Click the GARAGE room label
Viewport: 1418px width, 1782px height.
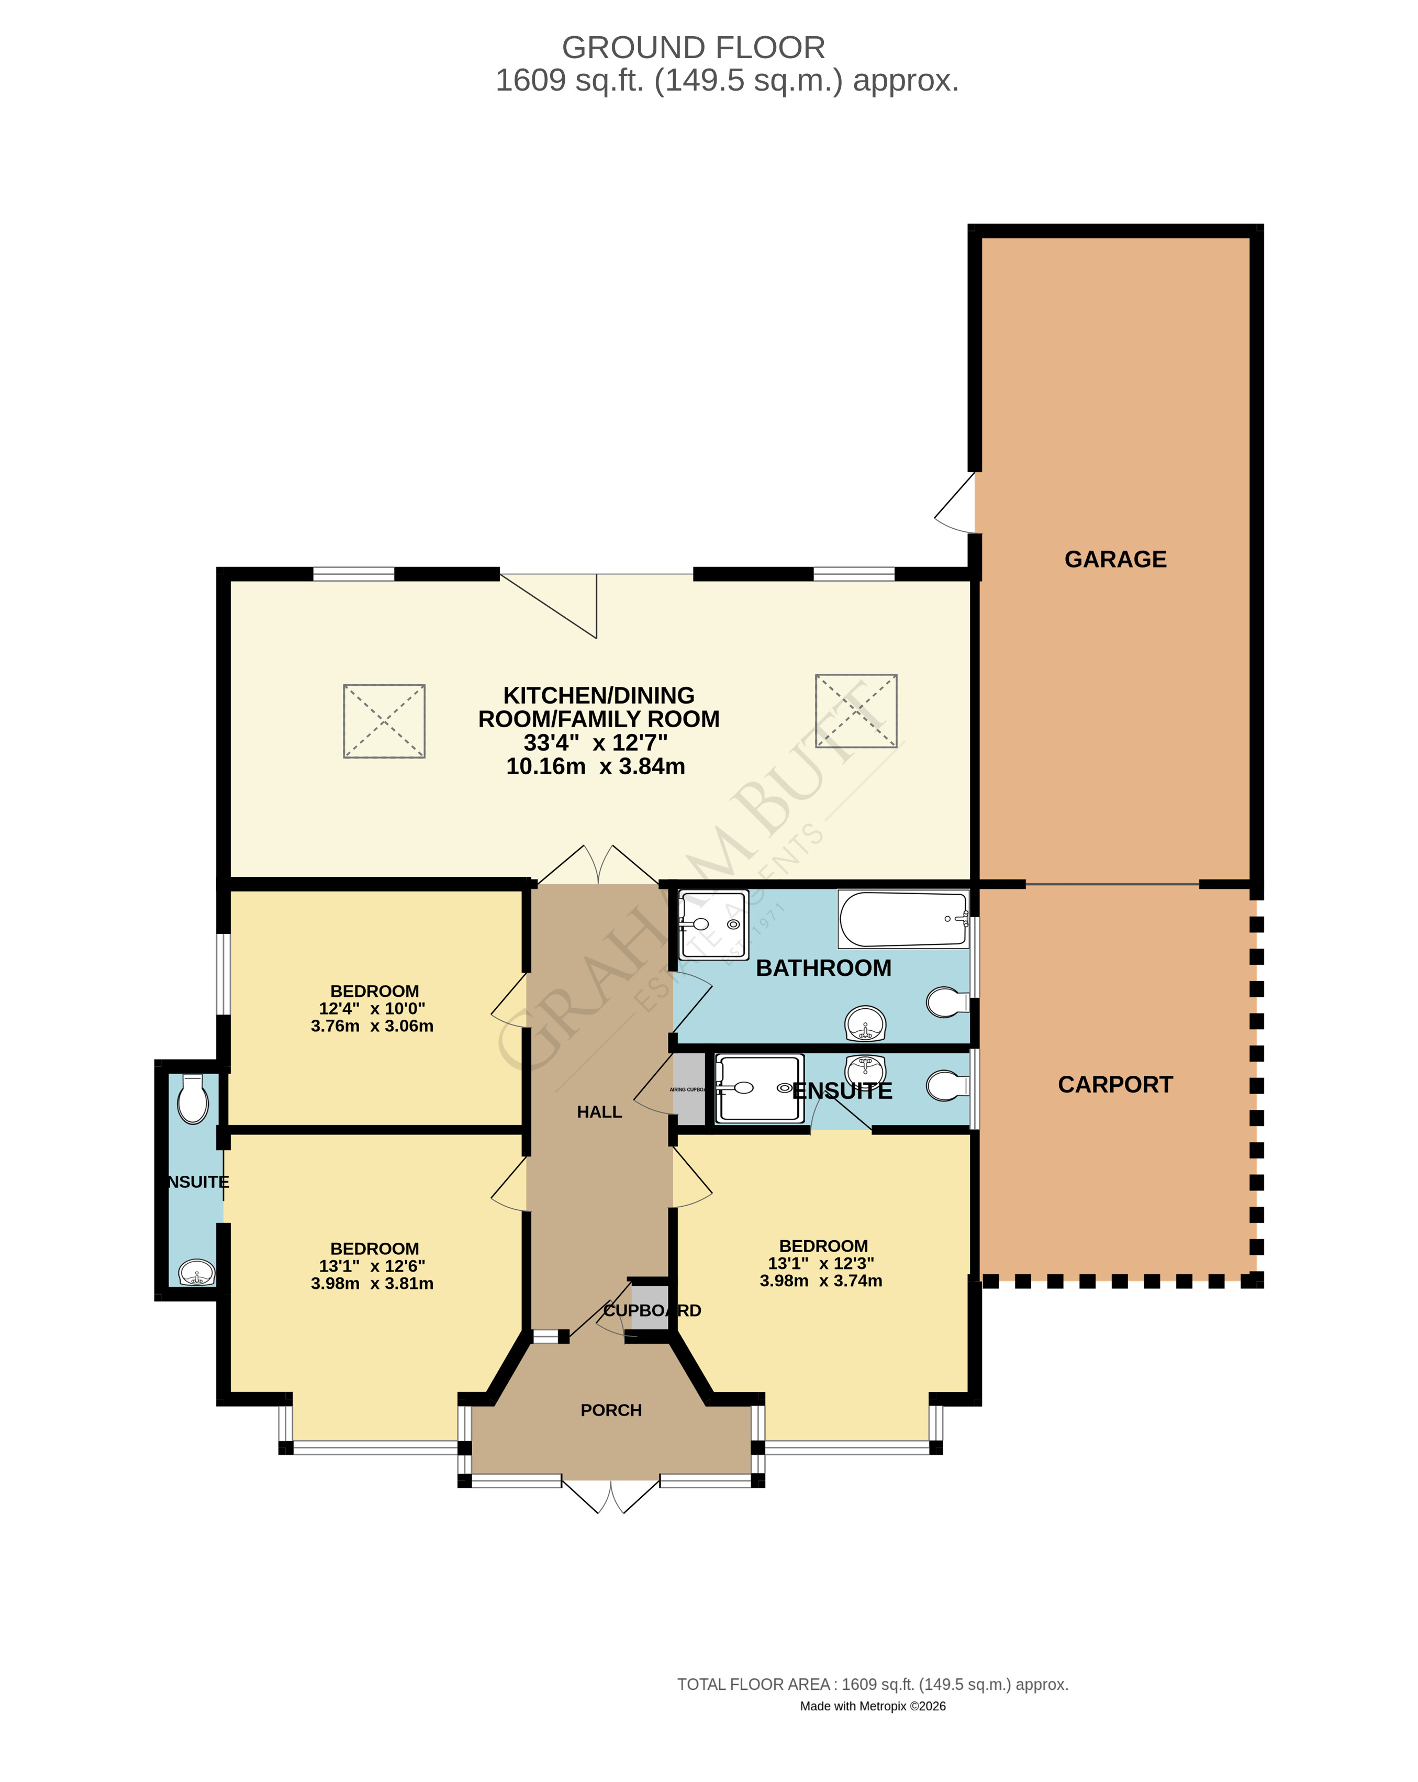tap(1115, 560)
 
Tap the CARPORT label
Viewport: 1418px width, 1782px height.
tap(1115, 1084)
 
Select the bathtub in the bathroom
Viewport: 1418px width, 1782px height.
tap(902, 918)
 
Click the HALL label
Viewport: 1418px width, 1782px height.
tap(599, 1112)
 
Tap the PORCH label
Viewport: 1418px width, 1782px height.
tap(611, 1410)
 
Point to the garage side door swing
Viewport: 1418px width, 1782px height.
tap(957, 504)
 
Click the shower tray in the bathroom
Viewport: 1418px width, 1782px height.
tap(713, 924)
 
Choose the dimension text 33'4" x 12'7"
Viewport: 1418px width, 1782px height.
tap(595, 742)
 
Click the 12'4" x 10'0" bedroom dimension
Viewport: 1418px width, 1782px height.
tap(372, 1008)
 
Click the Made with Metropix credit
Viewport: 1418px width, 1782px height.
tap(873, 1706)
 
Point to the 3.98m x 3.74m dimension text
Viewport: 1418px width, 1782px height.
tap(821, 1281)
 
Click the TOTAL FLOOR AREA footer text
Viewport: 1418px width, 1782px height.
tap(873, 1684)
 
